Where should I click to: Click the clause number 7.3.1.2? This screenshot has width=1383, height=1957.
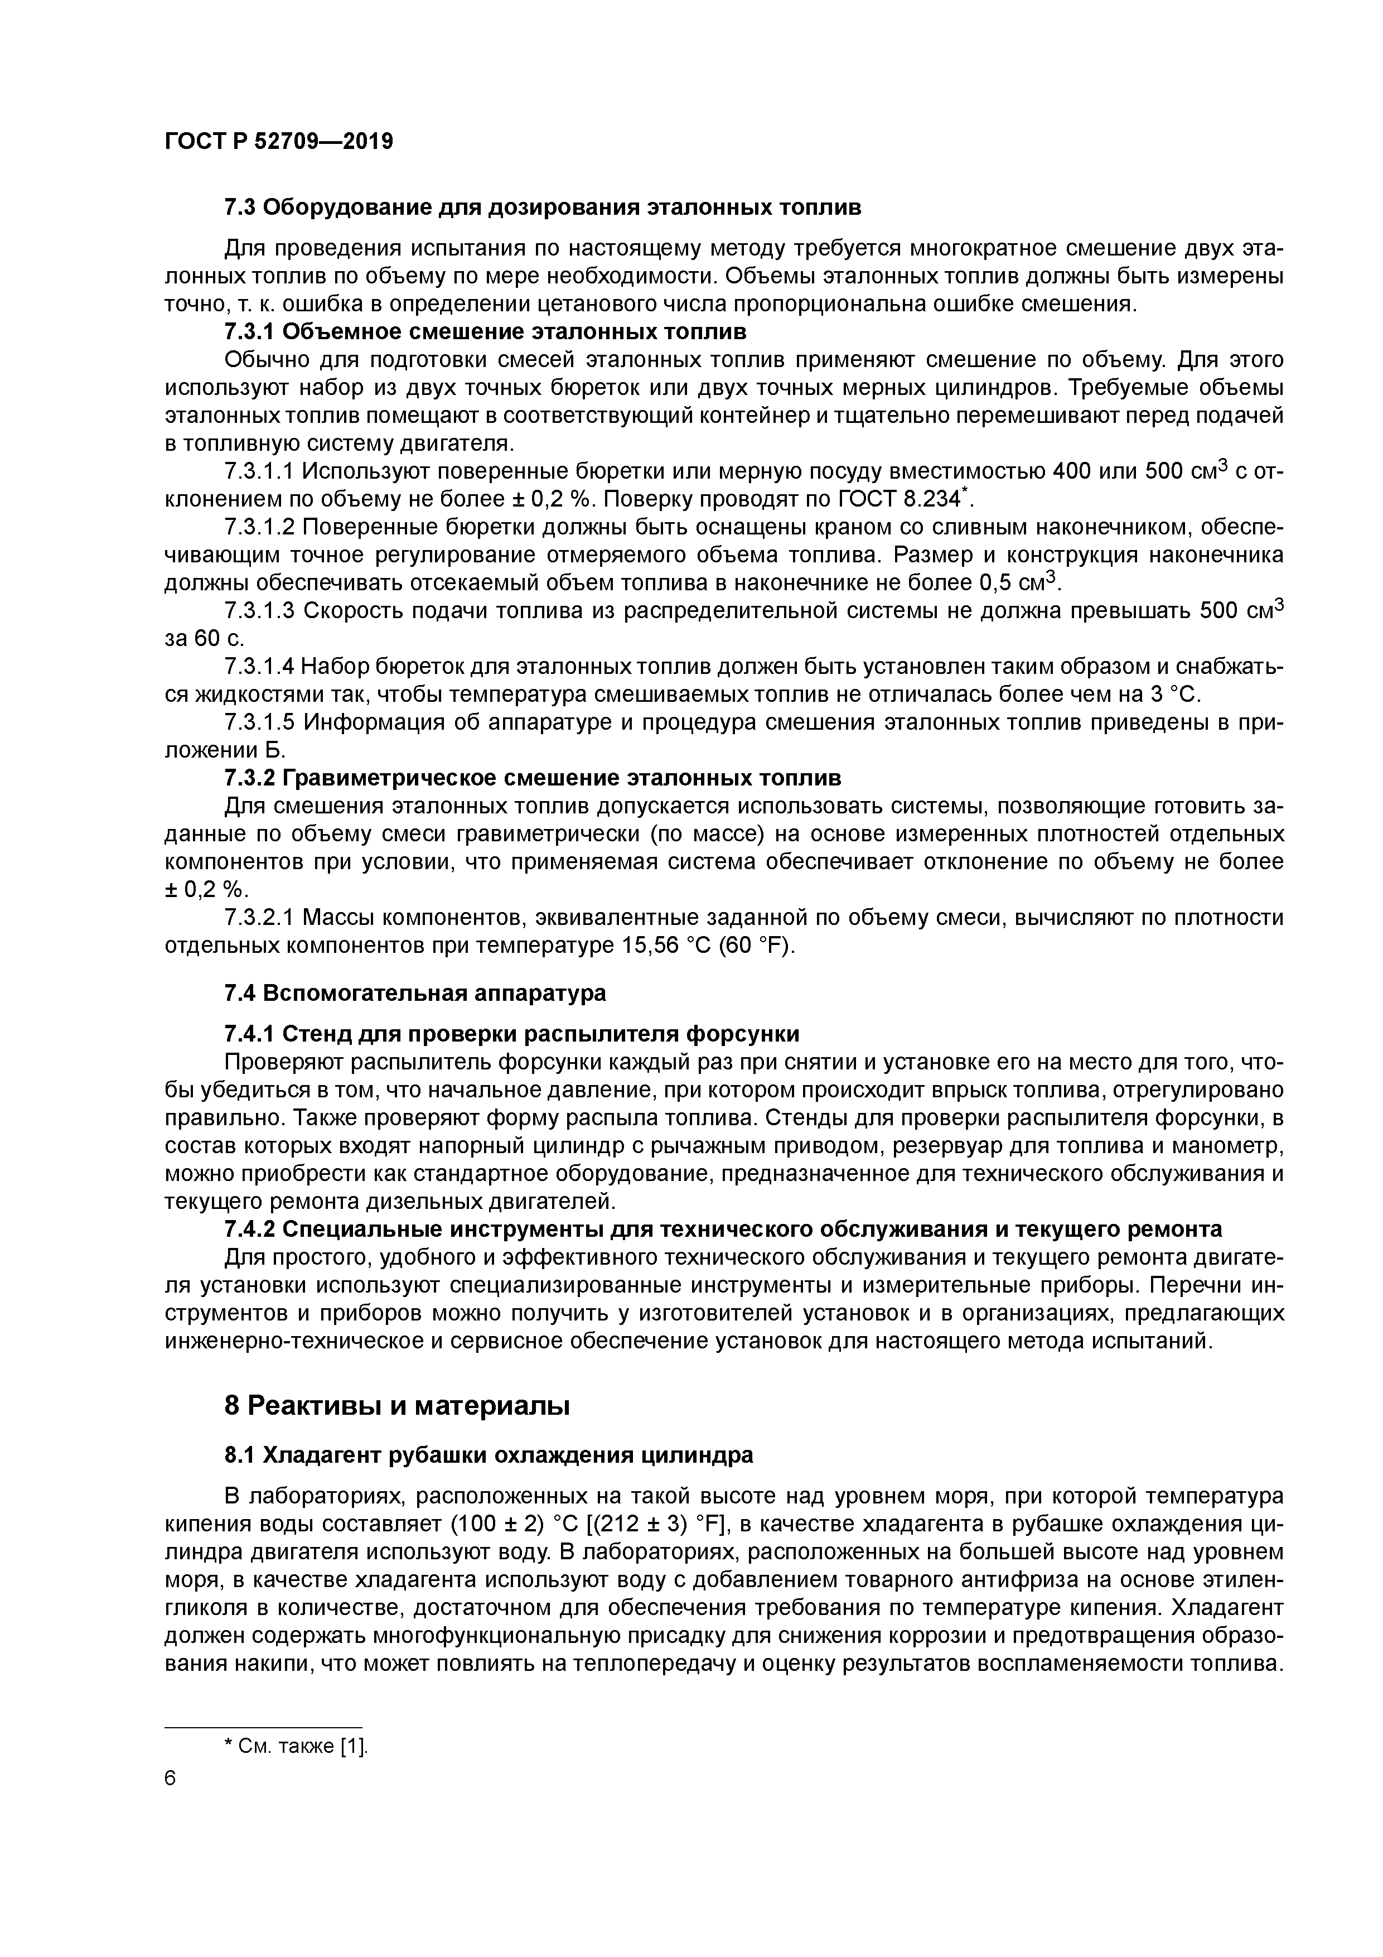coord(259,527)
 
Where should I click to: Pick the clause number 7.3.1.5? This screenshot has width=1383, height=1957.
coord(259,723)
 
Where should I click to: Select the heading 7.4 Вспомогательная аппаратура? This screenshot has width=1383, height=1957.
coord(415,993)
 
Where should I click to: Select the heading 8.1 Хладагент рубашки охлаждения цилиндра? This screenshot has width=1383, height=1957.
coord(489,1455)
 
